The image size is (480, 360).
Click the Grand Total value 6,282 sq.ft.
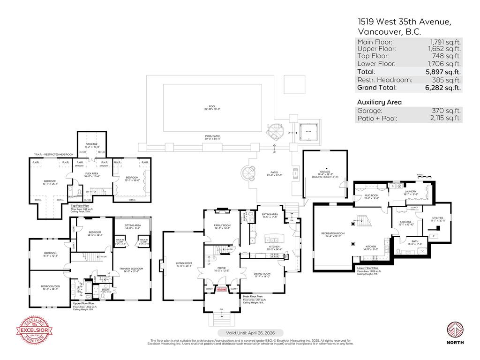(x=442, y=87)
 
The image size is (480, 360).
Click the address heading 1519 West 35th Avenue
(x=404, y=22)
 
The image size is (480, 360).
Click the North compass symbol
(x=455, y=331)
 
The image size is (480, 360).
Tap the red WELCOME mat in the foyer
(x=222, y=290)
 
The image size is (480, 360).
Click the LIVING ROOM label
(x=185, y=263)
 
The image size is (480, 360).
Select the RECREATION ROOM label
(x=333, y=233)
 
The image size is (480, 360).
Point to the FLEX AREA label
(x=91, y=173)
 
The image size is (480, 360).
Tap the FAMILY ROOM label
(x=222, y=225)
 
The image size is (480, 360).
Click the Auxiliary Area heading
(x=379, y=102)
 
